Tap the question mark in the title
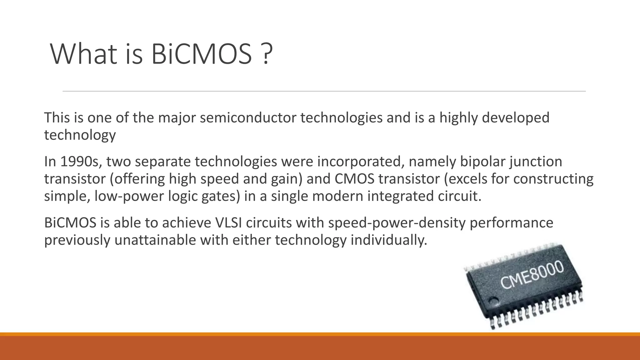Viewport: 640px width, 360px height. pos(266,54)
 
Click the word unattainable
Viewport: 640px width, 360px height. pos(155,240)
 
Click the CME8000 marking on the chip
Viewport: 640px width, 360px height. pos(532,275)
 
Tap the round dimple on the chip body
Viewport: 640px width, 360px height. pos(493,302)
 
